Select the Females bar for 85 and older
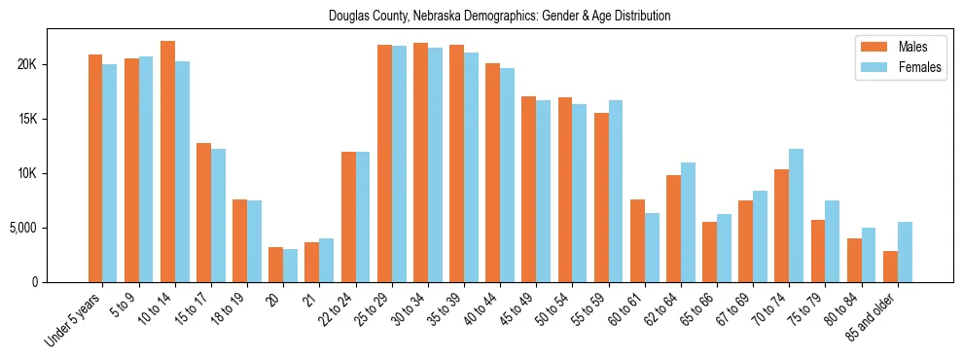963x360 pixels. pos(905,252)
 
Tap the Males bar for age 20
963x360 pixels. pos(276,265)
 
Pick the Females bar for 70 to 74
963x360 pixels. pos(797,215)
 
